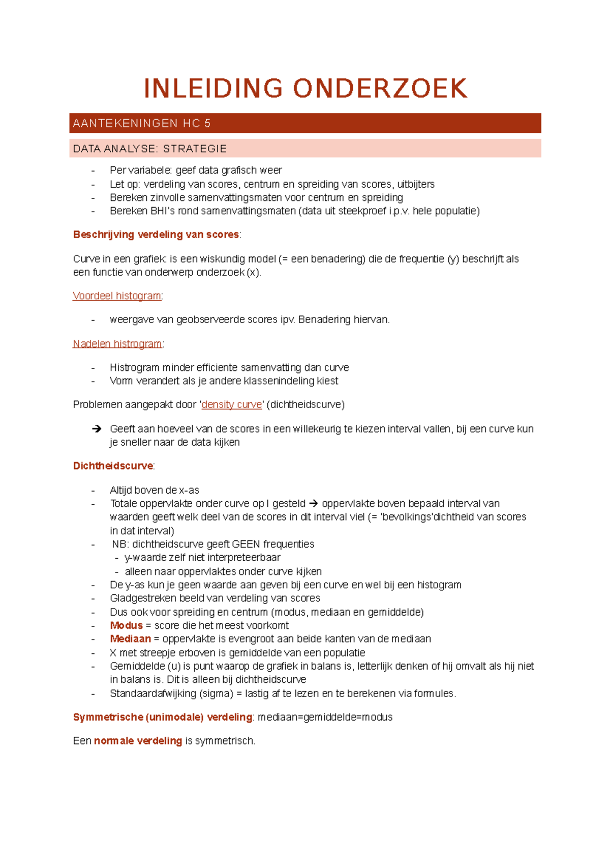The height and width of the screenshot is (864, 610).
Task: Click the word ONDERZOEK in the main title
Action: point(380,89)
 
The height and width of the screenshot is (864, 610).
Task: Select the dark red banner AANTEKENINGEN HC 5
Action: point(305,123)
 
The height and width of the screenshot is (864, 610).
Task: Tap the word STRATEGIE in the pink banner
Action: point(195,149)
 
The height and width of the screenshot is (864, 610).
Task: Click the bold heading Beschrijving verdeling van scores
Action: point(156,235)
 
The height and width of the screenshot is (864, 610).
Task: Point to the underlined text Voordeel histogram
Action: point(117,296)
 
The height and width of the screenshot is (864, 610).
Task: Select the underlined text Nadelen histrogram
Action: point(117,343)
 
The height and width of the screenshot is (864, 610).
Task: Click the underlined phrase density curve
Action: point(232,405)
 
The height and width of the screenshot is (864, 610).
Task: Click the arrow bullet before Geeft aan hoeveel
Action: point(97,429)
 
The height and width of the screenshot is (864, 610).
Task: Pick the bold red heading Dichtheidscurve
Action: point(113,466)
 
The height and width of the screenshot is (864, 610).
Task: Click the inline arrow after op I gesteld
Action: point(314,504)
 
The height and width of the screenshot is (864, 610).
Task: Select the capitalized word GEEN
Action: point(246,544)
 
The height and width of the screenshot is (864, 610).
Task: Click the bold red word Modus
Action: point(126,625)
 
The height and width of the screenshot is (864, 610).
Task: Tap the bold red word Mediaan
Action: point(130,639)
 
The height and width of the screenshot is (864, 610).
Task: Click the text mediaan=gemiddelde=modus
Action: point(325,717)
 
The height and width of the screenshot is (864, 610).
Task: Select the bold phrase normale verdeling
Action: point(138,741)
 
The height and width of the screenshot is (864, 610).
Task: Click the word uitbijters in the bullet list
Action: point(416,184)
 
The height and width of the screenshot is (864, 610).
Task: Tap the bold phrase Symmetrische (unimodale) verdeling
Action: point(163,717)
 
